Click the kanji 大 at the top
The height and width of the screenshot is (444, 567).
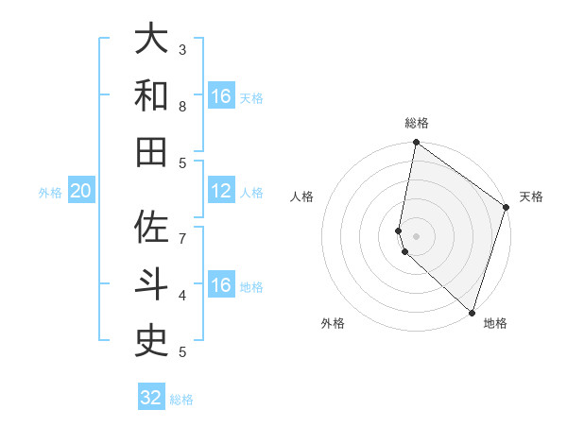click(151, 39)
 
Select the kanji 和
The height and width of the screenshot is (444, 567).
click(151, 95)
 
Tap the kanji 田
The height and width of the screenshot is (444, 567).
click(151, 152)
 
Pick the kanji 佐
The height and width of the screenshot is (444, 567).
click(151, 228)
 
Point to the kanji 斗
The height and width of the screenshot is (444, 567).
click(151, 284)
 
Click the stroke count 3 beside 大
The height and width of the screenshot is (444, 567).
click(182, 49)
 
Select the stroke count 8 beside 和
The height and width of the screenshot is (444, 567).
click(182, 106)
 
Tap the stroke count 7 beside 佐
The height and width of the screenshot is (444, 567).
click(182, 238)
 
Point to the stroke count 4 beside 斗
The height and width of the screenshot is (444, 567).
click(182, 295)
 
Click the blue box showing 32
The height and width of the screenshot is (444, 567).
click(151, 398)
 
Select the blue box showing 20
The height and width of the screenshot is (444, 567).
click(80, 191)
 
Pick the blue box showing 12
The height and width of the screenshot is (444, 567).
click(221, 191)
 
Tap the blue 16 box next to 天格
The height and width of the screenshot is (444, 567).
click(221, 96)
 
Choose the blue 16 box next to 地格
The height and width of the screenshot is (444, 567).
click(221, 285)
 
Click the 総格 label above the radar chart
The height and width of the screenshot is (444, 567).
click(417, 123)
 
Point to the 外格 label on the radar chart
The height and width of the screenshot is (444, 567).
click(333, 323)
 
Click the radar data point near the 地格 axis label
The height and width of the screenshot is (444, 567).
click(472, 313)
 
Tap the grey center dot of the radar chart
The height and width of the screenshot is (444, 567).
click(417, 235)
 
